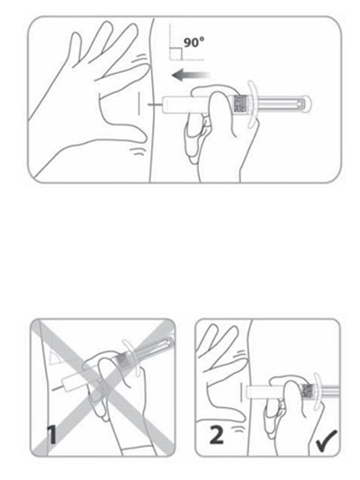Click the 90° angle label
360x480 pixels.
(x=193, y=42)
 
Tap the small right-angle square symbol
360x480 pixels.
(x=176, y=54)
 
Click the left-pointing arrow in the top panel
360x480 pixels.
(x=191, y=75)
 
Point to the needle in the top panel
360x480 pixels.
(x=155, y=105)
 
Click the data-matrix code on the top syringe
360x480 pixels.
(x=239, y=104)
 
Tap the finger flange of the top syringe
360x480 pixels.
(x=251, y=104)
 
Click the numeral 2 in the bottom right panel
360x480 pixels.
(x=217, y=435)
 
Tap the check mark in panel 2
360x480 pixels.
(x=326, y=440)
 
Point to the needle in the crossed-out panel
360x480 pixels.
(x=57, y=388)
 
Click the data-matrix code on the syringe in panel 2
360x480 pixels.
(x=308, y=392)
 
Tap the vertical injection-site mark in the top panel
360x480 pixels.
(x=139, y=104)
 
